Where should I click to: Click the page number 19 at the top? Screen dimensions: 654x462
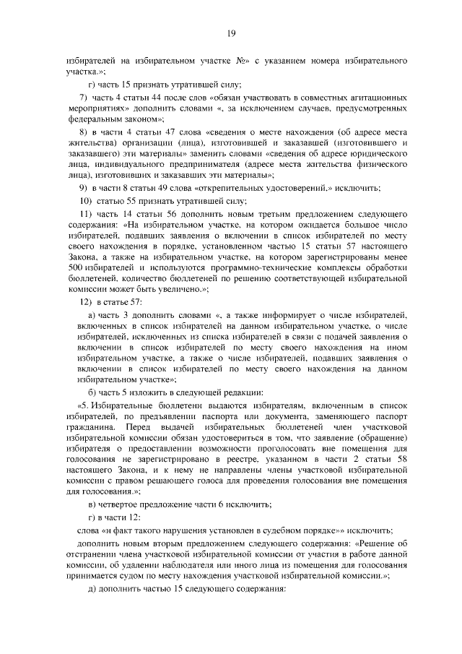click(231, 33)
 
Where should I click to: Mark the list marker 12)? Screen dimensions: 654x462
click(85, 301)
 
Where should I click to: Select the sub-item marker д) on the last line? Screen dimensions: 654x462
click(92, 588)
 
